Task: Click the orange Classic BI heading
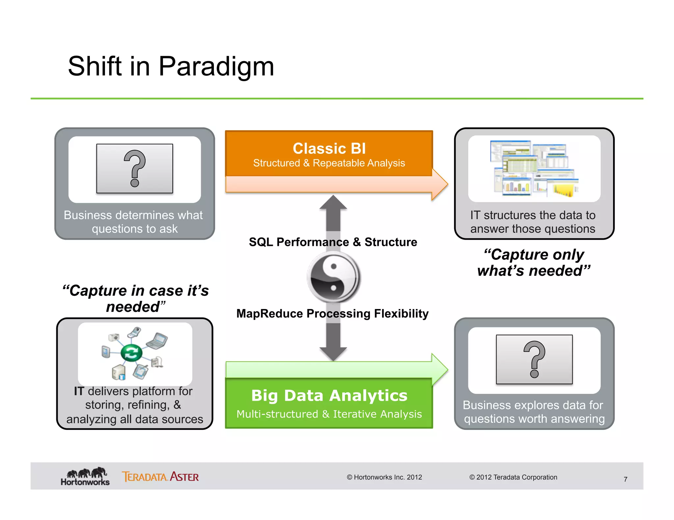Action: click(329, 149)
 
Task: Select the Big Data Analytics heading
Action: click(329, 395)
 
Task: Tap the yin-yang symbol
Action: click(333, 277)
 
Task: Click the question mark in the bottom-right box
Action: click(534, 359)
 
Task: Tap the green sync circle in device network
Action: click(131, 353)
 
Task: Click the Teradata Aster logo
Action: click(160, 477)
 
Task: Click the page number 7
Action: click(625, 479)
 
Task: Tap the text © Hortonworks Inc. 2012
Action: click(384, 477)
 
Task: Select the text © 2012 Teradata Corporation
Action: click(513, 477)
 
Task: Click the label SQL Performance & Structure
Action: click(333, 242)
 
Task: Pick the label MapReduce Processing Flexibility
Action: click(332, 314)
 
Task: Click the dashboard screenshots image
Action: click(534, 169)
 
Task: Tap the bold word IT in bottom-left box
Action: click(79, 391)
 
